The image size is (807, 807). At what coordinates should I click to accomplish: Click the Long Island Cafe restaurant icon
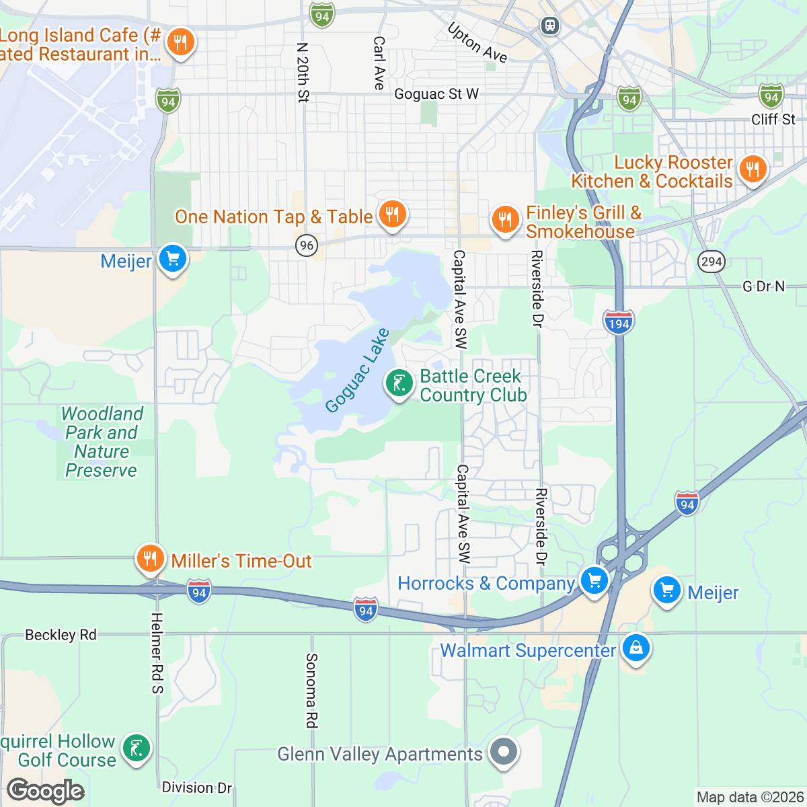click(x=180, y=42)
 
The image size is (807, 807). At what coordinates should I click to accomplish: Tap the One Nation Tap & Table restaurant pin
click(x=392, y=215)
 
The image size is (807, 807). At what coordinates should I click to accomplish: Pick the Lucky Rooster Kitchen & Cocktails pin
click(x=753, y=169)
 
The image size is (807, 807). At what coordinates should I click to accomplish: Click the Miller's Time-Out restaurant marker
click(x=150, y=559)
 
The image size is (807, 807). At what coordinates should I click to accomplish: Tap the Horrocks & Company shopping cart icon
click(x=594, y=581)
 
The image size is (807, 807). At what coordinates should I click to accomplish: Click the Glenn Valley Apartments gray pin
click(x=503, y=753)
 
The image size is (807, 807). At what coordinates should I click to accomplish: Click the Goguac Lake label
click(x=357, y=370)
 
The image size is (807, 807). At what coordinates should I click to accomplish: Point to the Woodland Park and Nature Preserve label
click(x=102, y=442)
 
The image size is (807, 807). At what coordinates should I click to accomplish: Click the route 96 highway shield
click(x=307, y=245)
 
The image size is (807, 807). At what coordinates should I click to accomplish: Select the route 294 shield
click(x=712, y=261)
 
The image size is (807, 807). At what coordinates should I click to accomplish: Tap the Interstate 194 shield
click(x=618, y=322)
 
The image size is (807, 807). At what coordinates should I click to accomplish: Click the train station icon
click(x=550, y=26)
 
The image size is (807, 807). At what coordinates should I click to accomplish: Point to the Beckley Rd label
click(x=61, y=635)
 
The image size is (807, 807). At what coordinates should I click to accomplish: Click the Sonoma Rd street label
click(x=311, y=690)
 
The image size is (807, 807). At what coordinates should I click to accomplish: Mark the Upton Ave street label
click(x=477, y=43)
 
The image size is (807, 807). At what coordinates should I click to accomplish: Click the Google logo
click(x=45, y=792)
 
